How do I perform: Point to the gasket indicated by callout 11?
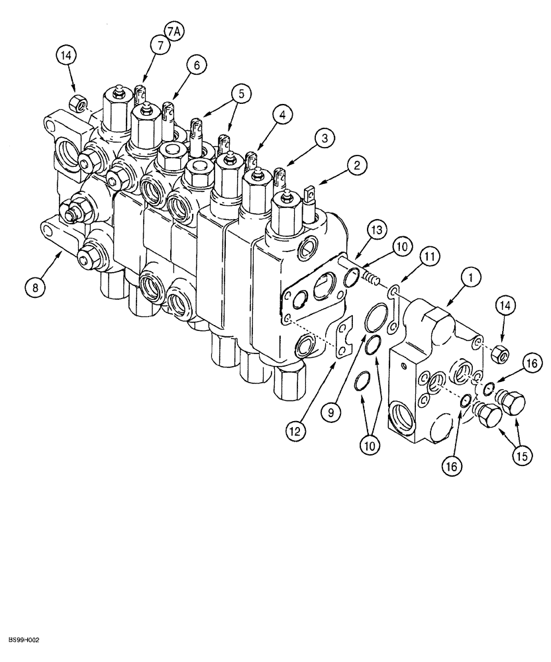(393, 308)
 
